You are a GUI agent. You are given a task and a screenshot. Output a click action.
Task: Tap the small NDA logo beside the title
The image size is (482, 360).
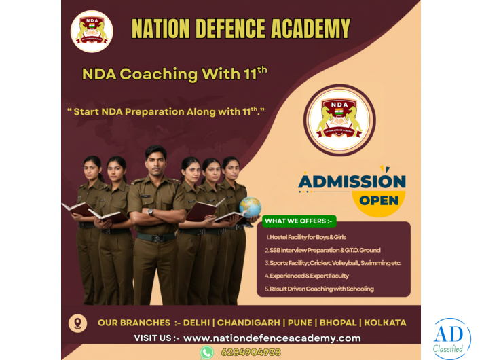(92, 31)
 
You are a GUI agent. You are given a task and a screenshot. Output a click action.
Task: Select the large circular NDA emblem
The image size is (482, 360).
(337, 120)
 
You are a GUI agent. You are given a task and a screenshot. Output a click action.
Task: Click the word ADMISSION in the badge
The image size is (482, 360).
(352, 181)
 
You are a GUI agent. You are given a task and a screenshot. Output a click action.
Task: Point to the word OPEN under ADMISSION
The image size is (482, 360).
(379, 200)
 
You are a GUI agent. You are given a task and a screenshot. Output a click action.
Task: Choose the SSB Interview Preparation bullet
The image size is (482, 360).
(322, 250)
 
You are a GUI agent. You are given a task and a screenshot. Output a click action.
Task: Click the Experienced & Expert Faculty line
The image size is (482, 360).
(307, 276)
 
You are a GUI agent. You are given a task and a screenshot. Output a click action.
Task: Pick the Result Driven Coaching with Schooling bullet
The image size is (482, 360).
(319, 289)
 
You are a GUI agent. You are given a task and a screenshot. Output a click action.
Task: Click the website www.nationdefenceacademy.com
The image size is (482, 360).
(272, 338)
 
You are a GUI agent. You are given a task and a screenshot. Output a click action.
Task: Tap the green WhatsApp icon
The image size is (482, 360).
(207, 352)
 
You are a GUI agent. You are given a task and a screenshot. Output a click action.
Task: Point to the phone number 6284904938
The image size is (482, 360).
(251, 352)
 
